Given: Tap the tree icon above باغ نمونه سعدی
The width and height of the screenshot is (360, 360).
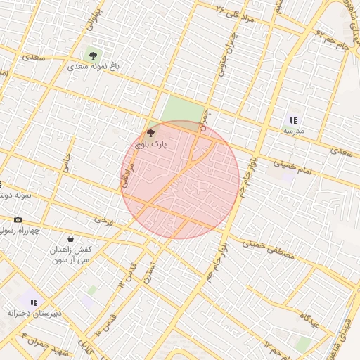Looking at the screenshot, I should [x=91, y=54].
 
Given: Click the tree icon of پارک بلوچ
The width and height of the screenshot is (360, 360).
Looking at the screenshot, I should [x=150, y=132].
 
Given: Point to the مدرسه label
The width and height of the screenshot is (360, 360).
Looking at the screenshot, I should [x=293, y=131].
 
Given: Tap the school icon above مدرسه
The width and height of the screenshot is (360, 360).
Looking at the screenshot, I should [x=293, y=120].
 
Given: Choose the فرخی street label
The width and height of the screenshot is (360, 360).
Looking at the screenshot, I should [x=103, y=219].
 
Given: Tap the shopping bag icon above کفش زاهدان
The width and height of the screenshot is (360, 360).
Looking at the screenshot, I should [x=70, y=239].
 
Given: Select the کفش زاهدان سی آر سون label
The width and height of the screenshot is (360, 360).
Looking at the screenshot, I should [x=69, y=255].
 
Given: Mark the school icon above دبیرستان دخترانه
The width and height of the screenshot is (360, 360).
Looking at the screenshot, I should [x=34, y=302].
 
